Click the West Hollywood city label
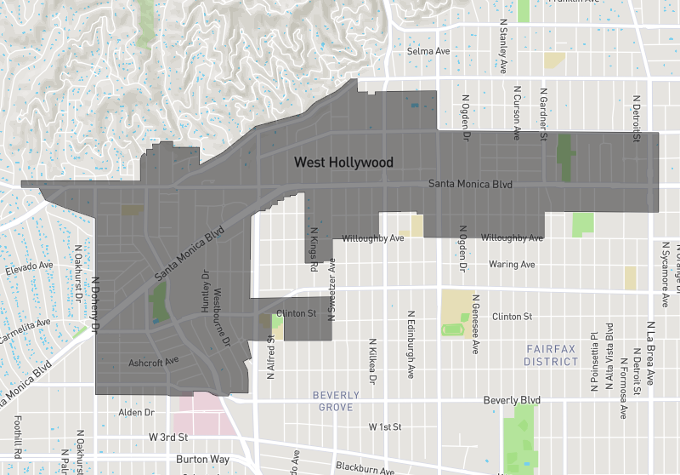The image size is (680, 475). [x=343, y=162]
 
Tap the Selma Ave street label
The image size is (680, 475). [x=428, y=52]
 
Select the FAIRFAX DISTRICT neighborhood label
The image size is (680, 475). [x=551, y=355]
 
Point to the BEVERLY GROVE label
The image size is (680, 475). [x=337, y=401]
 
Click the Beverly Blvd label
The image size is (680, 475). [x=512, y=400]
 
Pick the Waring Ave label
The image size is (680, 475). [x=512, y=265]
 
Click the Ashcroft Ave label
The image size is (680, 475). [x=153, y=362]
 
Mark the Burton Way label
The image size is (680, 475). [x=203, y=460]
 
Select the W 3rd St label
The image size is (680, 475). [x=167, y=437]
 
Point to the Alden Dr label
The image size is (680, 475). [x=135, y=412]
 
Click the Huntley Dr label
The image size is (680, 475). [x=205, y=293]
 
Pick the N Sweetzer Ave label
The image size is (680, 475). [x=332, y=289]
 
